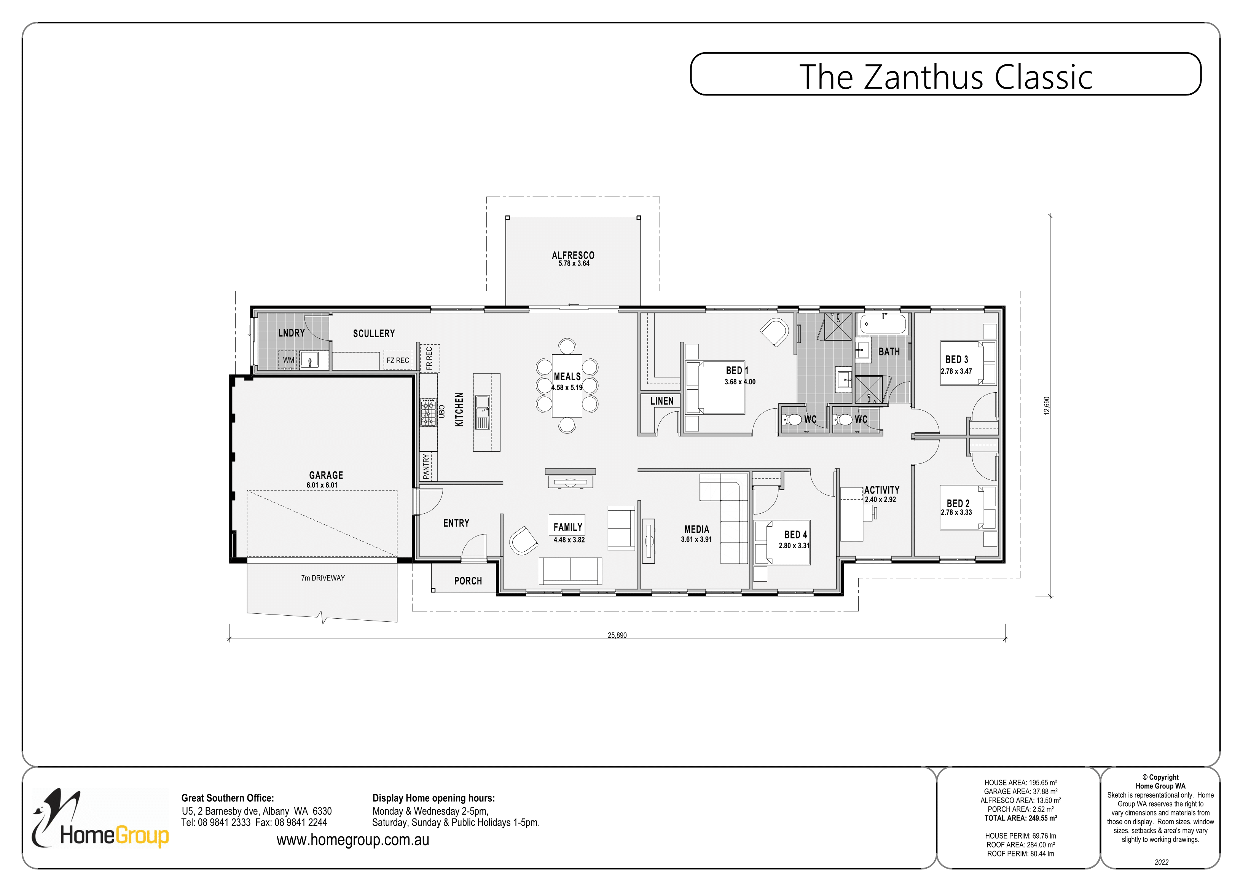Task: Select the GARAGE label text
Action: tap(326, 475)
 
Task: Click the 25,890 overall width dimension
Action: tap(617, 635)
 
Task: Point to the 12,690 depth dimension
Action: tap(1046, 406)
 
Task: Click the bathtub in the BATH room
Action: tap(883, 324)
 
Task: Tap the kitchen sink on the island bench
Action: tap(483, 405)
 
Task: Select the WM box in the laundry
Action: tap(288, 360)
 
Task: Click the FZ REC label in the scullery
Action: tap(398, 360)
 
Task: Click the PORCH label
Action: tap(468, 581)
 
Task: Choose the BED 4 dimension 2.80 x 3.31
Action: tap(794, 546)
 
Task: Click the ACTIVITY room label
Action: tap(882, 490)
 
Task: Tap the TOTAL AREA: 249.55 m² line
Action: tap(1020, 818)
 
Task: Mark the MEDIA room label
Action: tap(696, 529)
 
